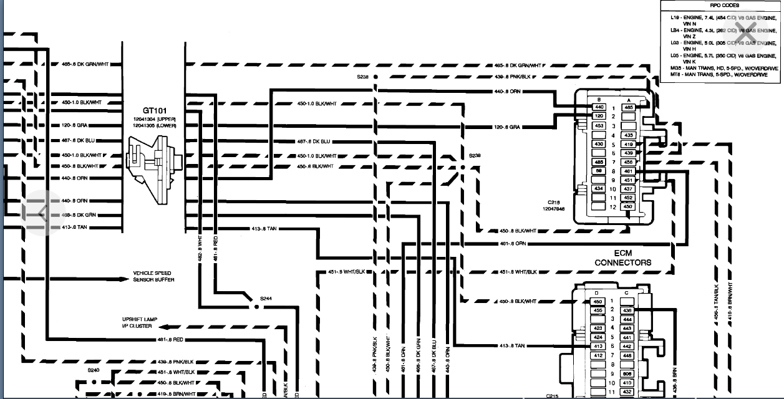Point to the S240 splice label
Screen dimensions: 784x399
point(94,370)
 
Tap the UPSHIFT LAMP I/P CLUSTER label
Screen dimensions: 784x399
point(139,323)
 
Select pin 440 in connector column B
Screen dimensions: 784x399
point(598,107)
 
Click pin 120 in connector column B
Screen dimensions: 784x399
point(598,117)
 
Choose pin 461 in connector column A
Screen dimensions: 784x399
point(628,171)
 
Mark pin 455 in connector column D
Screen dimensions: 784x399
point(598,310)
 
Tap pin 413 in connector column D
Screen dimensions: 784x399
point(598,346)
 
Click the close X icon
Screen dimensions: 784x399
point(747,36)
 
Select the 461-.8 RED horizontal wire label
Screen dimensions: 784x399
point(169,340)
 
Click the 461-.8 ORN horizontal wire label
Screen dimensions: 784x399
point(513,243)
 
